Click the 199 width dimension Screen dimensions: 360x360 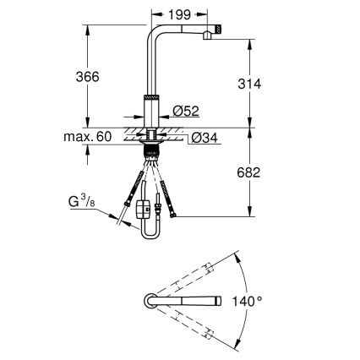click(x=180, y=14)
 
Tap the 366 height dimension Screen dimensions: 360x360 click(x=88, y=77)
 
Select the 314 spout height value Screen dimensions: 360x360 click(x=249, y=84)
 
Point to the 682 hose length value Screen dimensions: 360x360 click(x=248, y=172)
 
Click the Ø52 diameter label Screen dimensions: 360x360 click(x=186, y=111)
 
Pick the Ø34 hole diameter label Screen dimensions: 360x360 click(x=205, y=138)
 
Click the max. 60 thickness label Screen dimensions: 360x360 click(x=88, y=137)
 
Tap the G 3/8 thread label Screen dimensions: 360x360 click(x=82, y=201)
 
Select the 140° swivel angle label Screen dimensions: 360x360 click(x=247, y=301)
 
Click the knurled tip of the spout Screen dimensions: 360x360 click(x=219, y=30)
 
